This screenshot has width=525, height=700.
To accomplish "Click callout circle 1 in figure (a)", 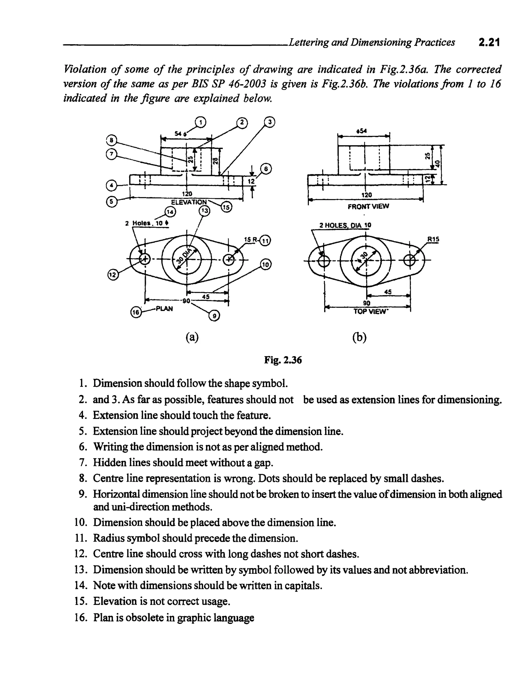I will tap(200, 122).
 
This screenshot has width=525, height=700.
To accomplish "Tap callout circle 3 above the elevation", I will tap(269, 122).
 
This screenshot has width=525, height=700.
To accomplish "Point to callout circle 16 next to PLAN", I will tap(136, 312).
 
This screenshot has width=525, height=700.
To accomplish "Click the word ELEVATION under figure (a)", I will tap(189, 202).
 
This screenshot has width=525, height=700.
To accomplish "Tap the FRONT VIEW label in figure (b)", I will tap(368, 206).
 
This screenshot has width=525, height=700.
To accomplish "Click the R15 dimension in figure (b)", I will tap(433, 239).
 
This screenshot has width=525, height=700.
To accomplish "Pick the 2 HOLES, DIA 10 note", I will tap(345, 225).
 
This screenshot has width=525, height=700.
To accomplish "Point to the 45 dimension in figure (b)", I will tap(388, 292).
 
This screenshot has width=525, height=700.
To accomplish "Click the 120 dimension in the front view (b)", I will tap(366, 195).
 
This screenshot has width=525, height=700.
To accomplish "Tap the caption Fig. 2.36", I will tap(283, 360).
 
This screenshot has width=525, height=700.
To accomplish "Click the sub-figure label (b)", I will tap(359, 338).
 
